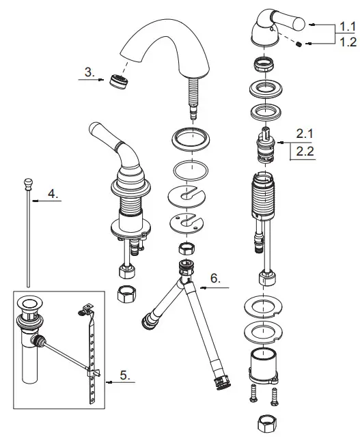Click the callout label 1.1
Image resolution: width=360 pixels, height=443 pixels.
click(x=347, y=27)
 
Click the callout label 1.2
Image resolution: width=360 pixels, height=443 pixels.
click(x=347, y=43)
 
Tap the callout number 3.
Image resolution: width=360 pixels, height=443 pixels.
click(x=89, y=72)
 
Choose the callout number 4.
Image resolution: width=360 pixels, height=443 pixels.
click(x=53, y=194)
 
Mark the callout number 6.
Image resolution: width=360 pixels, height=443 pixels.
click(x=216, y=278)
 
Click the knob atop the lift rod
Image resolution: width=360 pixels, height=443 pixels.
click(x=29, y=182)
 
